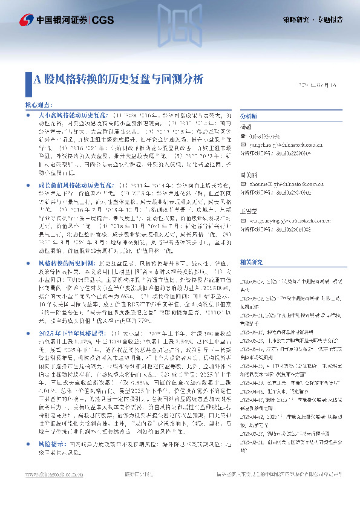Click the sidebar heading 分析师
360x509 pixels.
tap(249, 115)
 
